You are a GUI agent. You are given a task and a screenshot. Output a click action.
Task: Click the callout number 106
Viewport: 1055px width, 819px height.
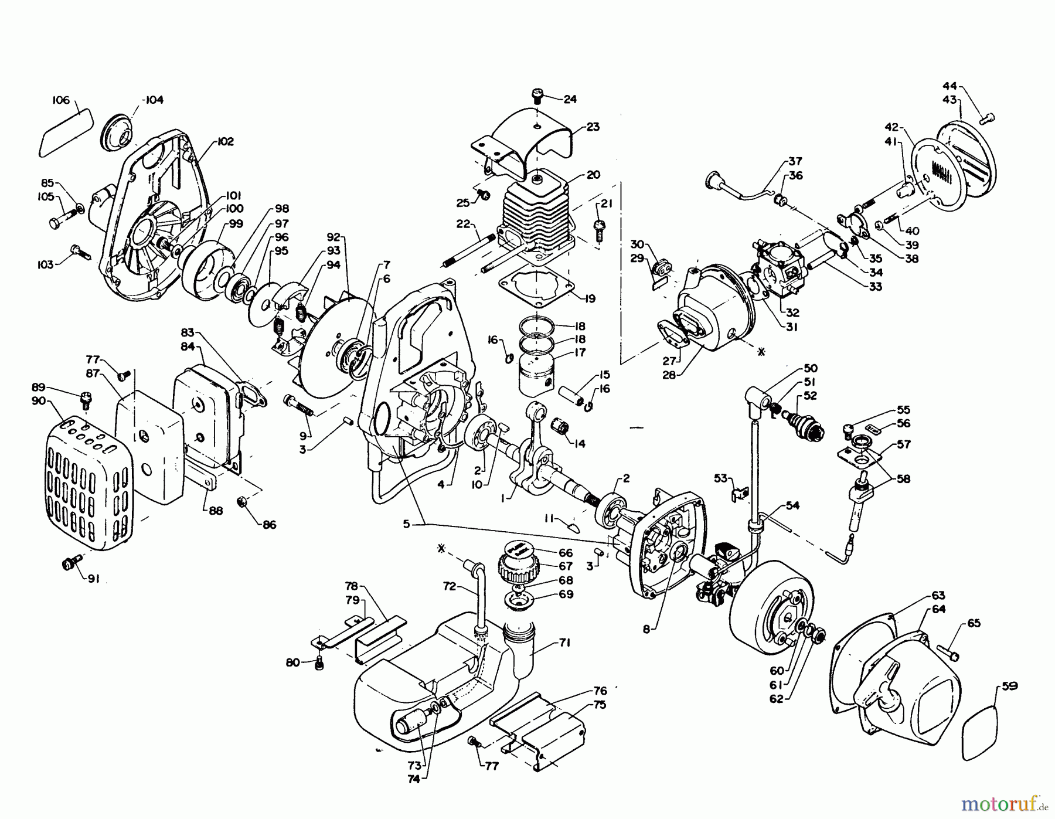coord(61,100)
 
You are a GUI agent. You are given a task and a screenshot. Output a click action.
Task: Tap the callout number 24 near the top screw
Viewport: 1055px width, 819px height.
coord(570,99)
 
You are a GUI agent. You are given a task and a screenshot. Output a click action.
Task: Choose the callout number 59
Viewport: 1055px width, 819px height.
coord(1010,686)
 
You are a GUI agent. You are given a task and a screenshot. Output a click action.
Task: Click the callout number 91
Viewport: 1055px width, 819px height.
coord(93,579)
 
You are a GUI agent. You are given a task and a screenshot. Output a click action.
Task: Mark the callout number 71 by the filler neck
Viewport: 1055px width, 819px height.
coord(563,642)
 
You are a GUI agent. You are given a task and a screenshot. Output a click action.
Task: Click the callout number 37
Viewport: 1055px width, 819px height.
coord(795,161)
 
